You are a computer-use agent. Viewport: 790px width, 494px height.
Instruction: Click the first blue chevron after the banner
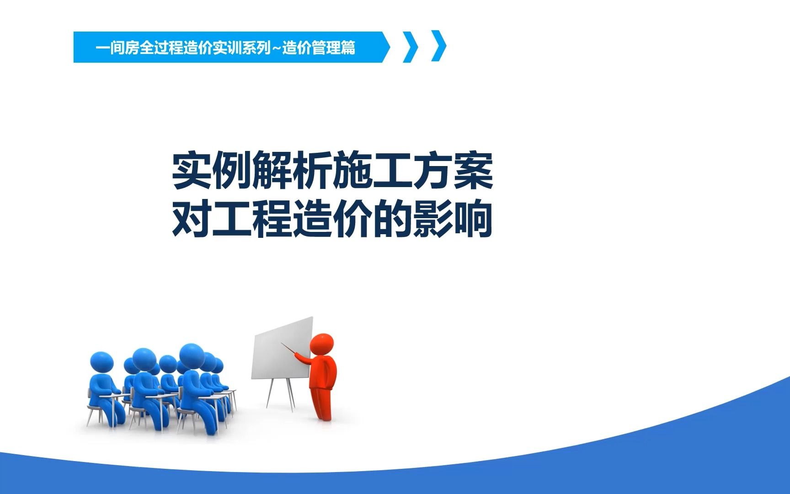411,47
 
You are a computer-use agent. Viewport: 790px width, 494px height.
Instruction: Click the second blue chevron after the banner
439,47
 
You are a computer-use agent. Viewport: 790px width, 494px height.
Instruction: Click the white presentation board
281,348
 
